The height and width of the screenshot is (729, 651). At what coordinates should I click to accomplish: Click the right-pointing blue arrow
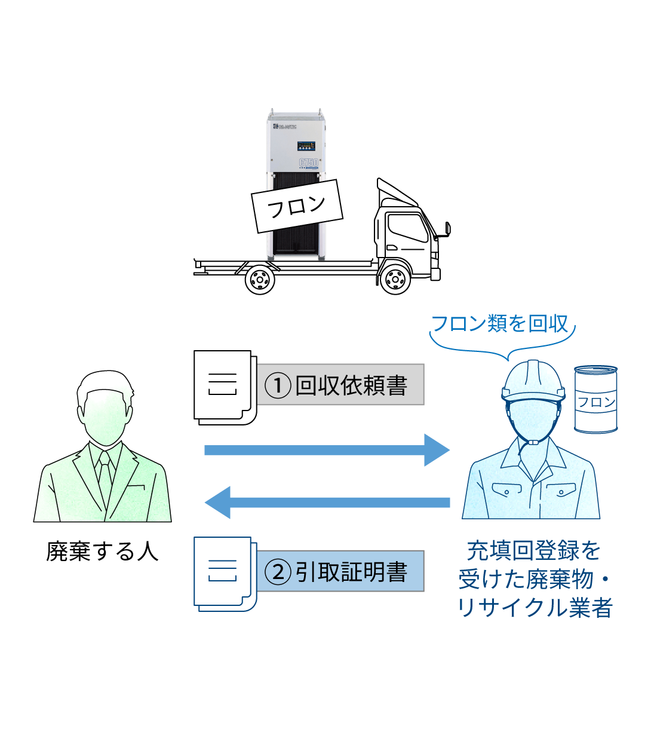[x=326, y=450]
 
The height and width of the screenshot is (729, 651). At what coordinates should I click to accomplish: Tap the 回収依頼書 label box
[x=340, y=385]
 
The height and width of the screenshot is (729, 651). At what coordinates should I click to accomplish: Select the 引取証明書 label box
[x=340, y=571]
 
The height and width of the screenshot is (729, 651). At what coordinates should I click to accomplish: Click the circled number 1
[x=278, y=385]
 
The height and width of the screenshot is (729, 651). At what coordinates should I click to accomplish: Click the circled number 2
[x=278, y=572]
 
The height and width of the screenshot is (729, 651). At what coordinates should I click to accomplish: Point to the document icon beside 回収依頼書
[x=223, y=387]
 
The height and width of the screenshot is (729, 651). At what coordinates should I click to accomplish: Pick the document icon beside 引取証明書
[x=223, y=573]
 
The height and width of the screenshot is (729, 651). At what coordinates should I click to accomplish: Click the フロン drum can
[x=595, y=399]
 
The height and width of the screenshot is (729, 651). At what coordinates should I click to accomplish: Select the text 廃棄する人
[x=102, y=551]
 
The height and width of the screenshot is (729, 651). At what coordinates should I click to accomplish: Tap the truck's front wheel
[x=395, y=278]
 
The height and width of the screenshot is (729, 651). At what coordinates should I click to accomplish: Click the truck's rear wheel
[x=260, y=278]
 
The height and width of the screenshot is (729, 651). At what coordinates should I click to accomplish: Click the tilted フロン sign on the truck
[x=297, y=206]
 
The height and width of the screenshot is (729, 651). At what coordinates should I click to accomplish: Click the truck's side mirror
[x=447, y=228]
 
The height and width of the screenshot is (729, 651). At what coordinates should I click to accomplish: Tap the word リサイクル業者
[x=535, y=608]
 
